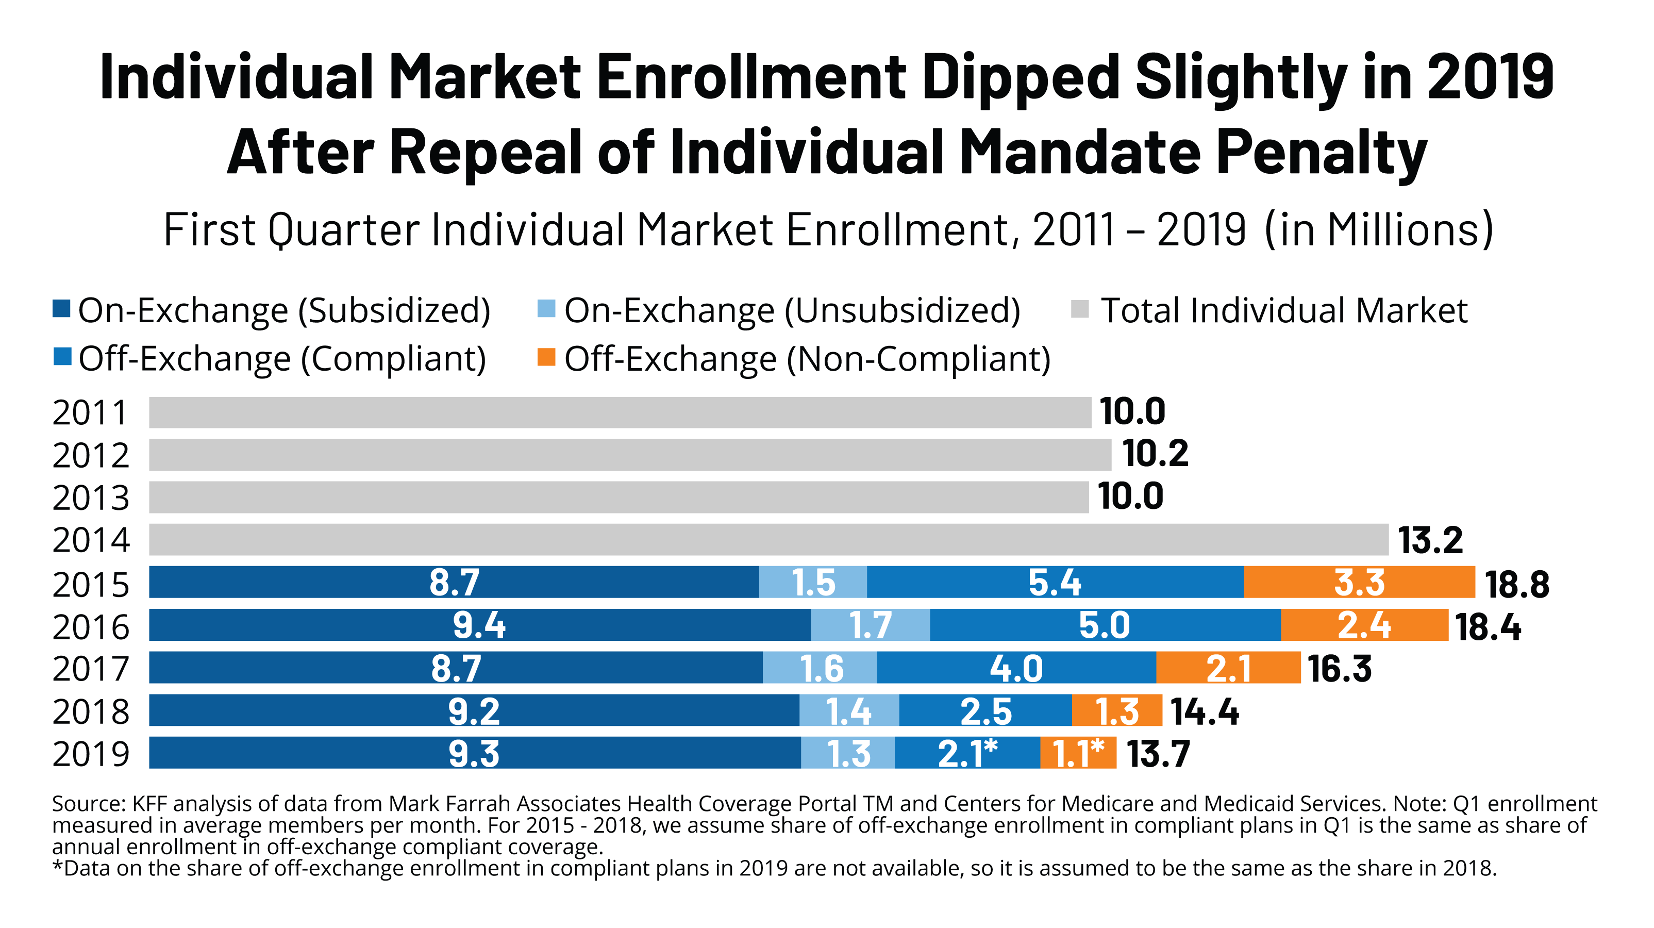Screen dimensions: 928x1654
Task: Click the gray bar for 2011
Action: coord(620,412)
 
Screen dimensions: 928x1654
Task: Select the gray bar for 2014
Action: coord(768,539)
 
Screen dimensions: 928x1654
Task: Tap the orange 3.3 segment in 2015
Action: coord(1359,583)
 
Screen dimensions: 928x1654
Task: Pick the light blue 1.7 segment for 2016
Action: coord(870,625)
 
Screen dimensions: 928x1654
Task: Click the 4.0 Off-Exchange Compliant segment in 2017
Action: coord(1016,668)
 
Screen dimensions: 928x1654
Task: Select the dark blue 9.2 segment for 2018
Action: coord(474,710)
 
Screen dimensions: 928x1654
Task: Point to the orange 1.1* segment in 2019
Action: coord(1078,753)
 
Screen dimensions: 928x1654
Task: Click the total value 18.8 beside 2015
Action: coord(1516,585)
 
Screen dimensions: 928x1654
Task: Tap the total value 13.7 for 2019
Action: coord(1158,754)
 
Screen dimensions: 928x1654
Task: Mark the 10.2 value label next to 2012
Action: coord(1155,454)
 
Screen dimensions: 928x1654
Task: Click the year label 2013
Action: coord(91,498)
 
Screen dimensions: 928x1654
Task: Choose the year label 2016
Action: coord(91,627)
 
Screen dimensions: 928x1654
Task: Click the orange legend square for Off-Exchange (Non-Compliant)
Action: coord(546,357)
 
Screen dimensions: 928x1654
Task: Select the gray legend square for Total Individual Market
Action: coord(1079,309)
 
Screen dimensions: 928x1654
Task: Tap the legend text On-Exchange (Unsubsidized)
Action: coord(792,311)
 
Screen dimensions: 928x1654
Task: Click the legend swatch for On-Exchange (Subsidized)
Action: coord(62,309)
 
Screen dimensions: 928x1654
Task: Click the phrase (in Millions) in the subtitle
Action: coord(1379,230)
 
